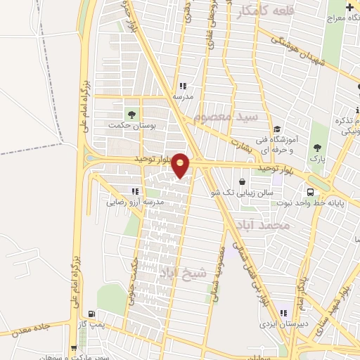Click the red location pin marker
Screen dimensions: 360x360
(x=181, y=165)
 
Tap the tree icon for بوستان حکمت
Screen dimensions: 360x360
(x=131, y=114)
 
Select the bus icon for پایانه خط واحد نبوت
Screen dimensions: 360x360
(x=310, y=192)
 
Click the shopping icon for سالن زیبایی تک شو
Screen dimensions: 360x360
(x=243, y=181)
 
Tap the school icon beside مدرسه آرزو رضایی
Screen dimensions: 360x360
(x=135, y=191)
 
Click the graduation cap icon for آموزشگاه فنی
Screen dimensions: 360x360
(x=277, y=129)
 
